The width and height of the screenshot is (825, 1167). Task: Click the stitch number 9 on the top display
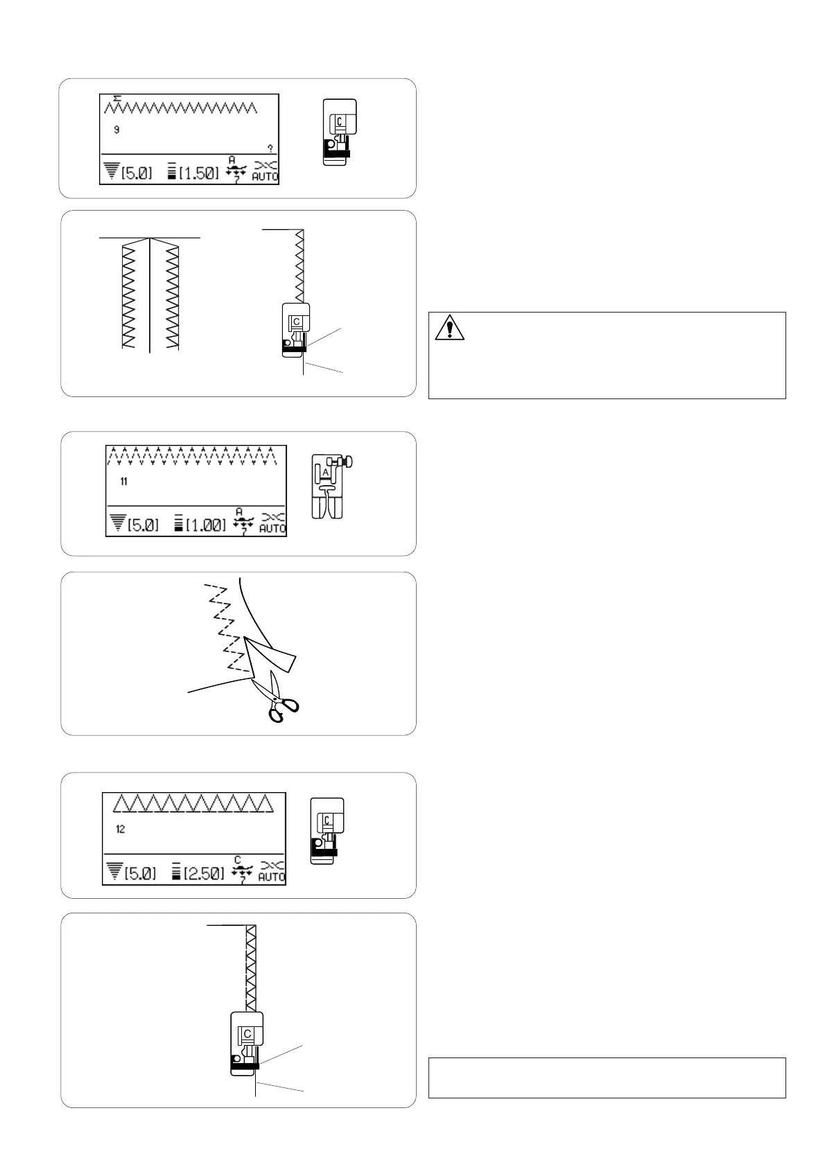point(116,130)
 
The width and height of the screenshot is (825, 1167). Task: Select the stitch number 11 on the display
point(123,482)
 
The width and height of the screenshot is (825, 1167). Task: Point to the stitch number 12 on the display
point(121,830)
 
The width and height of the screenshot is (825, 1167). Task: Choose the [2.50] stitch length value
point(202,874)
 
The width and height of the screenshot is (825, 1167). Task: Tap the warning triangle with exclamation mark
point(449,327)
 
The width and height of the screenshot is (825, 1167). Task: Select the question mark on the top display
point(270,148)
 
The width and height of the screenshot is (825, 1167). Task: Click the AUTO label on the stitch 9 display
point(266,176)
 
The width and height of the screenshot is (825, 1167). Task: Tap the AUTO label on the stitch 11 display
point(272,528)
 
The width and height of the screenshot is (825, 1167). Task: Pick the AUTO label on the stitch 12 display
point(272,877)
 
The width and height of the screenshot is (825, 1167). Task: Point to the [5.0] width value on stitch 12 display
point(140,874)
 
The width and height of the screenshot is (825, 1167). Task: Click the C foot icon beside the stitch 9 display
point(339,132)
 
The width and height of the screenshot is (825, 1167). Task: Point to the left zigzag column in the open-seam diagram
point(128,295)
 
